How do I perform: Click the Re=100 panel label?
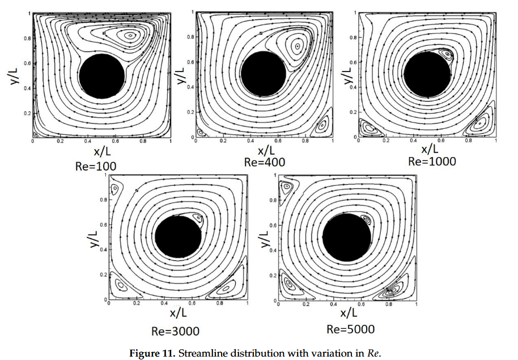pos(96,166)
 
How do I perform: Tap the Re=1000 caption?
pos(432,161)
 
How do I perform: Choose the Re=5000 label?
pos(351,329)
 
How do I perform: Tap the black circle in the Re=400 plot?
pos(265,74)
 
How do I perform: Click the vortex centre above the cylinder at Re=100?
pos(130,35)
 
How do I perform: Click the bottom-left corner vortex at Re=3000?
pos(120,285)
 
